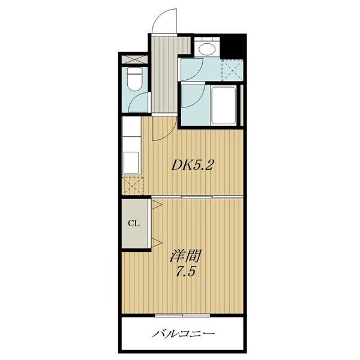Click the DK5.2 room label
tap(193, 164)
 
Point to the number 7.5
tap(185, 272)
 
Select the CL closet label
tap(134, 223)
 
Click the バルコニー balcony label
tap(184, 333)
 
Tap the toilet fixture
tap(135, 79)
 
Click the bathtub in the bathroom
tap(224, 106)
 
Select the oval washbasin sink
tap(206, 49)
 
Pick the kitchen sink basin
tap(131, 163)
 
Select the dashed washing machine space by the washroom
tap(232, 70)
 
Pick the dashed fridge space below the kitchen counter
tap(133, 185)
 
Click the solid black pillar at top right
tap(233, 47)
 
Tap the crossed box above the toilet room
tap(134, 59)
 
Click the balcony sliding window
tap(182, 316)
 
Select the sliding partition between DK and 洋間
tap(197, 197)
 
